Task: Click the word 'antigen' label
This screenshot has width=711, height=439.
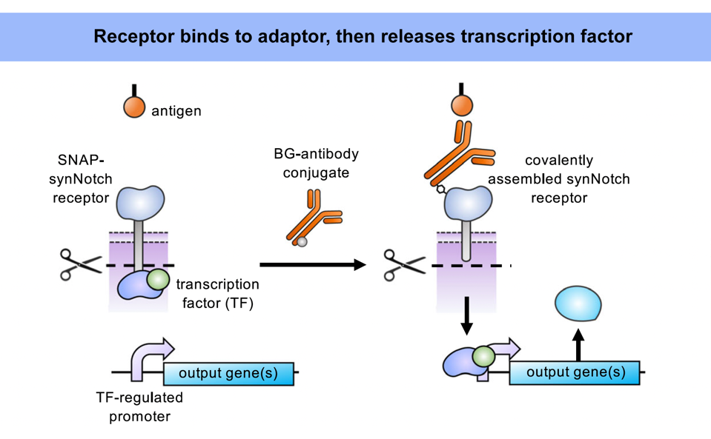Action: (x=176, y=111)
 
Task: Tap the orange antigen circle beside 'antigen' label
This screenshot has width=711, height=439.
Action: (x=134, y=107)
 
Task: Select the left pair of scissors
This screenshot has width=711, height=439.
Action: (x=80, y=264)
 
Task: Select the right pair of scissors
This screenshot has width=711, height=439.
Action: (x=403, y=264)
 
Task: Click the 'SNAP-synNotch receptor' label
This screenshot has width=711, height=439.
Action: (x=82, y=178)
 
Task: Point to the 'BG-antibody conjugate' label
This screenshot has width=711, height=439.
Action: (x=315, y=162)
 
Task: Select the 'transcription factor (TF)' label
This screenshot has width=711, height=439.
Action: (x=217, y=293)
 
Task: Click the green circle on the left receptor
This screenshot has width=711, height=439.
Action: (x=157, y=279)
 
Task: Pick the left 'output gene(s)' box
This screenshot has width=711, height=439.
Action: (x=228, y=372)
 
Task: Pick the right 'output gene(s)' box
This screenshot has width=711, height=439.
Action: (x=575, y=372)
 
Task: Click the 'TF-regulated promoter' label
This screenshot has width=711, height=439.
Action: (x=139, y=406)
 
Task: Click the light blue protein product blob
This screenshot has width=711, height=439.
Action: (x=578, y=304)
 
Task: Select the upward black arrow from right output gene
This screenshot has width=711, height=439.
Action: (x=579, y=344)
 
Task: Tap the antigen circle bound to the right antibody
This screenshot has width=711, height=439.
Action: (x=462, y=106)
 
